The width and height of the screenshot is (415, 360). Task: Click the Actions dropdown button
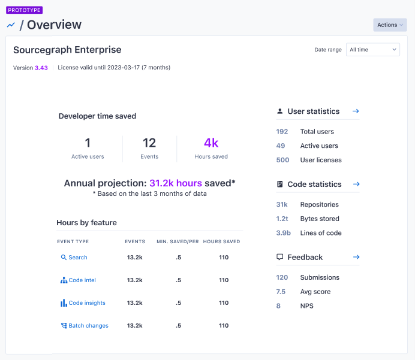click(390, 25)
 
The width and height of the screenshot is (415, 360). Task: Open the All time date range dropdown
click(373, 49)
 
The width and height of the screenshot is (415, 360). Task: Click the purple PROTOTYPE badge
click(25, 10)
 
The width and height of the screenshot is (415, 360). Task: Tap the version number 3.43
click(41, 68)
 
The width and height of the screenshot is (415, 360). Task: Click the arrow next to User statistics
click(356, 111)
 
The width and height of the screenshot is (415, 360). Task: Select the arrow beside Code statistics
click(356, 184)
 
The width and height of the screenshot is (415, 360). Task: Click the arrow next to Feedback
click(356, 257)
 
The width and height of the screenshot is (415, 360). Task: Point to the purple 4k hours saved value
click(211, 143)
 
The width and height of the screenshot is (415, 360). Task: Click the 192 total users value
click(282, 132)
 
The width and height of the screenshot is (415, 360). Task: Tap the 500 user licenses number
click(282, 160)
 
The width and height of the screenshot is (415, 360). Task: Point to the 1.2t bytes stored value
click(282, 219)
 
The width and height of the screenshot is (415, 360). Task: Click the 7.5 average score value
click(281, 292)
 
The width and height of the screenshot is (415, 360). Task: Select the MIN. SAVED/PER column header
click(178, 242)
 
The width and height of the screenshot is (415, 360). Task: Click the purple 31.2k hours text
click(176, 183)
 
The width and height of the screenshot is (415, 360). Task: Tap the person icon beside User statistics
click(279, 111)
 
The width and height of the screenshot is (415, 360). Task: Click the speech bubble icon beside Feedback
click(279, 257)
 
